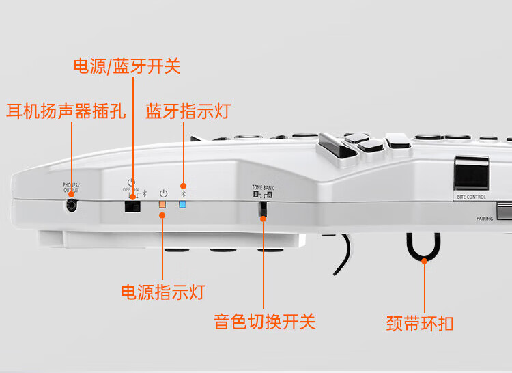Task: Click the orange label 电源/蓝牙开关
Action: (127, 66)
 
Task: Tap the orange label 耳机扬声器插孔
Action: (66, 111)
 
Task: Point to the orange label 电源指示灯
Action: (162, 292)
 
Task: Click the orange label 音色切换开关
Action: (265, 321)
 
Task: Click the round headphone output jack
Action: (72, 204)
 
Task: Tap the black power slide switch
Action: (132, 204)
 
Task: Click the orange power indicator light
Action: (162, 204)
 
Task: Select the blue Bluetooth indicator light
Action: (182, 204)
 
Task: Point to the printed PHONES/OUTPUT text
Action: (71, 187)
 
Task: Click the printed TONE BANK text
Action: (262, 187)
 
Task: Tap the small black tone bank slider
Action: (263, 210)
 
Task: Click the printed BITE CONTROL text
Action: (471, 197)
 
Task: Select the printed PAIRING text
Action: (485, 219)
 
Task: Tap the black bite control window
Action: (472, 173)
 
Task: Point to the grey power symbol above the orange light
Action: (162, 193)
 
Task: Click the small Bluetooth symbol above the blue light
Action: (182, 193)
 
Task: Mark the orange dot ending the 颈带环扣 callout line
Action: (424, 260)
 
